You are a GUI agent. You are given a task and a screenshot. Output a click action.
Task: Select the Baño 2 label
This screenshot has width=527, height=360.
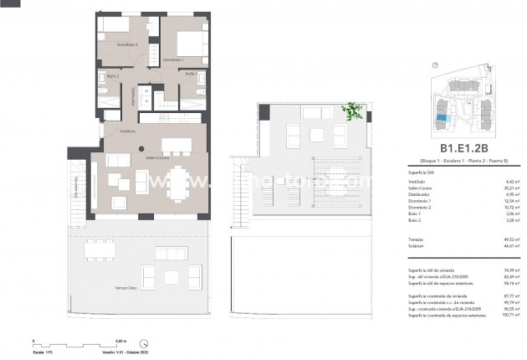click(112, 76)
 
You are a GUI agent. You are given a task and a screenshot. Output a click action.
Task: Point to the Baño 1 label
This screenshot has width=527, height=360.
click(190, 74)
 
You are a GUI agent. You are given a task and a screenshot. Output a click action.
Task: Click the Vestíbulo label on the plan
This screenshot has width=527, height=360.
click(127, 131)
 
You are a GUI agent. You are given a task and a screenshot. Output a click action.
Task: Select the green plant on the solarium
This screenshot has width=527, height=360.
click(355, 110)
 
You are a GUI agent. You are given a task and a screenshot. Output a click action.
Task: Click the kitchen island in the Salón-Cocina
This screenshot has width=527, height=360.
click(177, 143)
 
